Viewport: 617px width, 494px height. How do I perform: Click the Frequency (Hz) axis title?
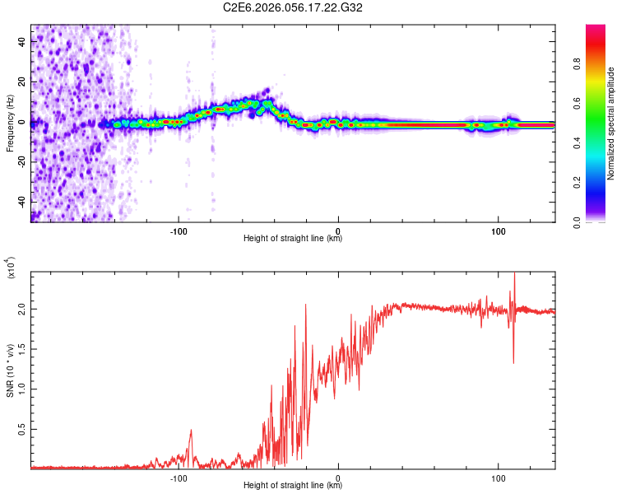click(10, 123)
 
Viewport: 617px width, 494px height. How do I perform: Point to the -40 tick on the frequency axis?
click(22, 202)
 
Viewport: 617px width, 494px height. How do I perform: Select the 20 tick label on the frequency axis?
click(22, 82)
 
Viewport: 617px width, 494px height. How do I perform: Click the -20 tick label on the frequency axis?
click(22, 162)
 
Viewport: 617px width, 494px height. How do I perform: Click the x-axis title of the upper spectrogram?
click(293, 239)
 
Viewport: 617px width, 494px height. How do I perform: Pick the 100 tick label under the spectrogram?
click(498, 231)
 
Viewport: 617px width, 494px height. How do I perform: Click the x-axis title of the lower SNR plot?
click(293, 486)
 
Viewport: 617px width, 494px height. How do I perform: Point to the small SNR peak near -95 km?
click(192, 430)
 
